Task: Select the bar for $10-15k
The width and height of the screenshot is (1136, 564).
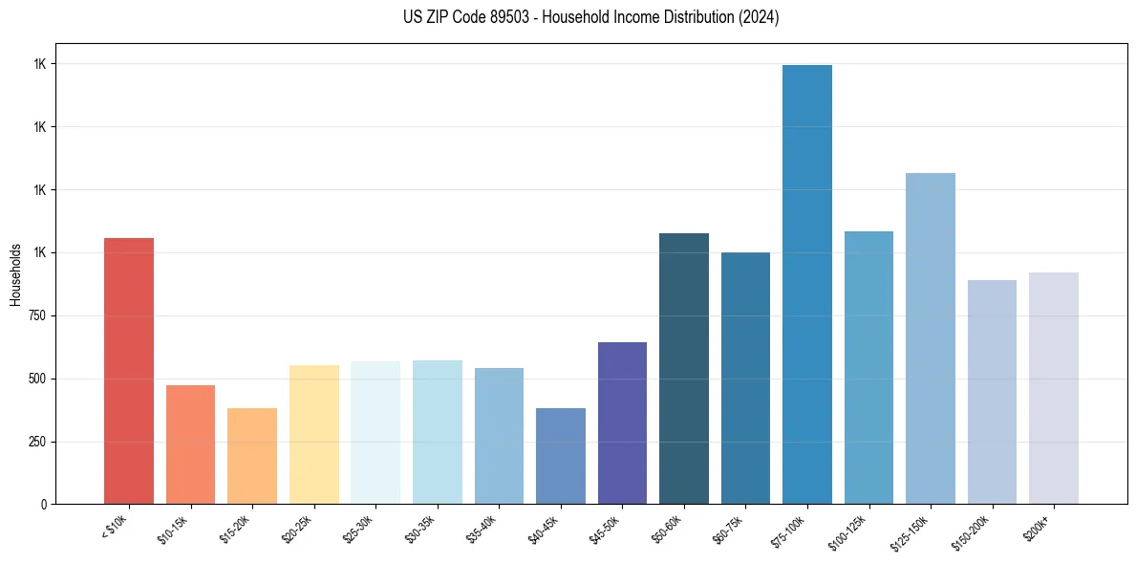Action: point(190,445)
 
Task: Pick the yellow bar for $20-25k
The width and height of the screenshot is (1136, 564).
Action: point(314,435)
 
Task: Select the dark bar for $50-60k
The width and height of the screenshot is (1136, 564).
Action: point(684,369)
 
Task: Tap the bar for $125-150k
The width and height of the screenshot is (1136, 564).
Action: point(931,338)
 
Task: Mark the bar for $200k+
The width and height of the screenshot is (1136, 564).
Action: point(1054,388)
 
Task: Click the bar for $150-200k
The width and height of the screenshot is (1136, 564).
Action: point(992,392)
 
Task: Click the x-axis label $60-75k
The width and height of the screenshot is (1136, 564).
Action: point(728,527)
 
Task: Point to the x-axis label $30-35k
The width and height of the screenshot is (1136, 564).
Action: point(419,527)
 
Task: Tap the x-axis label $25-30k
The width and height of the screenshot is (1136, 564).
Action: point(358,527)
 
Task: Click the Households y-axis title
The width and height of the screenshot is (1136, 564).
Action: point(15,274)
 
